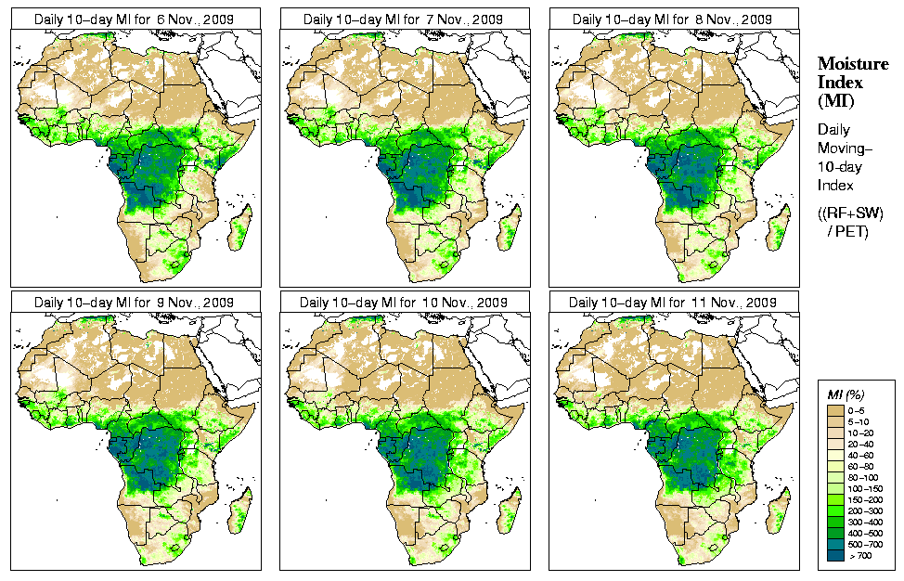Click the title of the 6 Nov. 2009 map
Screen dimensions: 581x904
pos(135,19)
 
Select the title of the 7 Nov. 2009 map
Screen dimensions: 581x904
pos(404,19)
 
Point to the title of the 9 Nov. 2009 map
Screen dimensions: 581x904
pos(135,303)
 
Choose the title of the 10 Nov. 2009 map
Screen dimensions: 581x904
pos(404,303)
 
